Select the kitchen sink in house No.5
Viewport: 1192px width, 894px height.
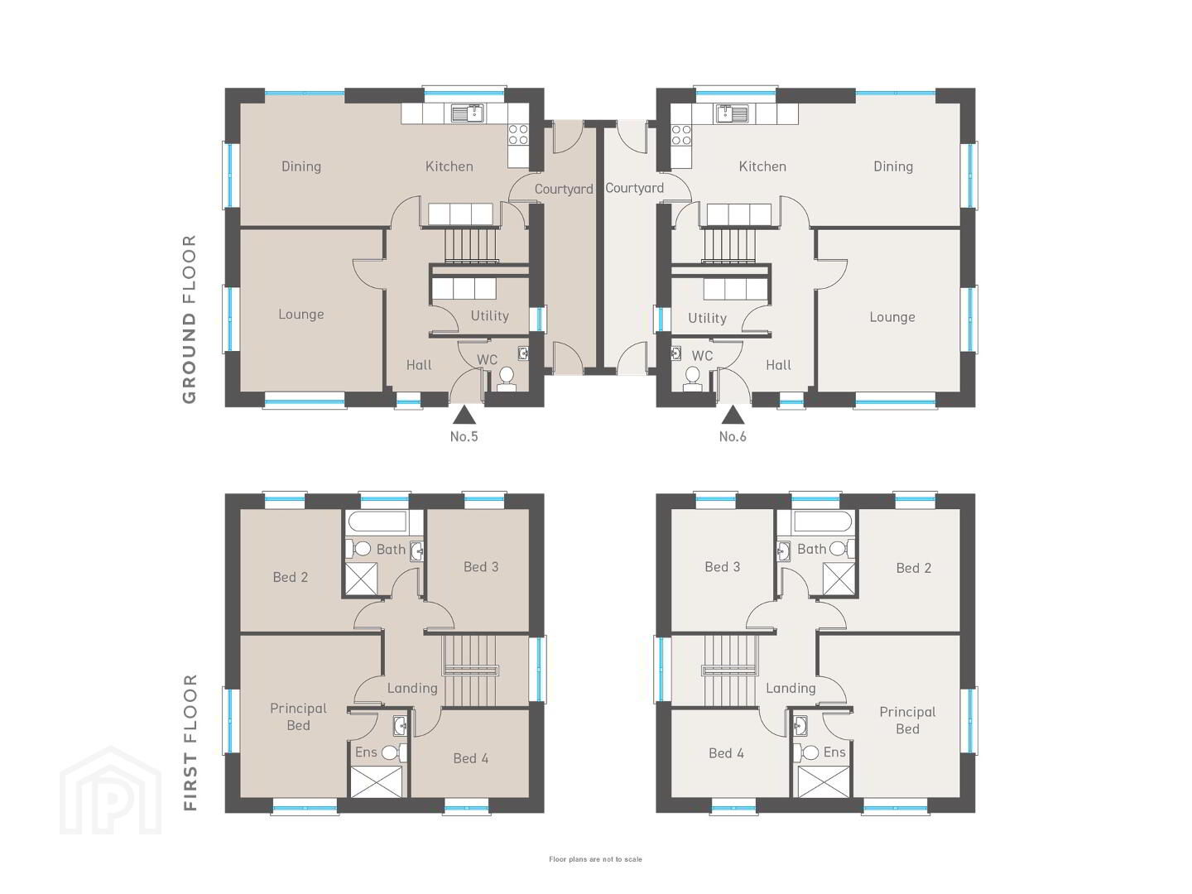point(468,113)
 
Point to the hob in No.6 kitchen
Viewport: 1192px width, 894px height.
point(681,135)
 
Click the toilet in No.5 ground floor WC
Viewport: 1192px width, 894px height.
point(506,379)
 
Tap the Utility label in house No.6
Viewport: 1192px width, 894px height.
point(707,318)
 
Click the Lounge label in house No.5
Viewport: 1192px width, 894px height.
point(300,315)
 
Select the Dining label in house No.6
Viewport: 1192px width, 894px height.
point(893,166)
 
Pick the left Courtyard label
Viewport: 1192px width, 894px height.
point(564,190)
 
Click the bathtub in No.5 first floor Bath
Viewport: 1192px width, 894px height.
point(377,521)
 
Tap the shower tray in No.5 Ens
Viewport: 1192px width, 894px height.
point(377,781)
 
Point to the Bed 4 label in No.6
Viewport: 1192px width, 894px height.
point(726,753)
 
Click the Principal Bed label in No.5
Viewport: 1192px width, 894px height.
point(298,717)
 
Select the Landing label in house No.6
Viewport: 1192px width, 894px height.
point(791,688)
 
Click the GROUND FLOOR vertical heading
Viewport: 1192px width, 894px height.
point(189,320)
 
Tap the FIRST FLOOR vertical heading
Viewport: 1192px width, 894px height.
point(190,743)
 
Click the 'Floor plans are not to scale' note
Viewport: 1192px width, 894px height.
point(595,859)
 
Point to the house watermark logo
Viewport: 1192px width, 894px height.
point(110,791)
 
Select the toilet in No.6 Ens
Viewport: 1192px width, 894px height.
point(808,753)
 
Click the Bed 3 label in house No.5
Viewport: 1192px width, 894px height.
point(481,567)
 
